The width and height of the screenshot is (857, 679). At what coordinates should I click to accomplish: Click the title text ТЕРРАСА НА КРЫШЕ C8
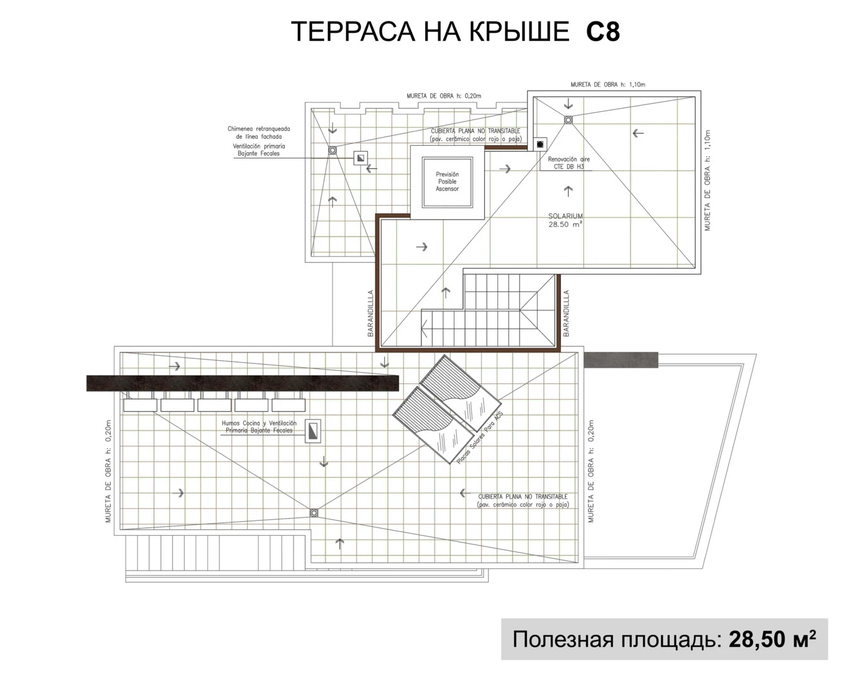tap(455, 32)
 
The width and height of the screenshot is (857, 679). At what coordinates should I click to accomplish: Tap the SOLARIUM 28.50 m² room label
tap(565, 219)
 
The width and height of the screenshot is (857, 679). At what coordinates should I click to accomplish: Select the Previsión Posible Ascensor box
tap(447, 182)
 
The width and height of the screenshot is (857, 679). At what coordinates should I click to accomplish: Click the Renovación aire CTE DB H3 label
tap(568, 163)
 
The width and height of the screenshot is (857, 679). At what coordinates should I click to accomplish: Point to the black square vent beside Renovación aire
tap(539, 144)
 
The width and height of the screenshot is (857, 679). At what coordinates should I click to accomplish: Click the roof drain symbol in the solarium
tap(568, 119)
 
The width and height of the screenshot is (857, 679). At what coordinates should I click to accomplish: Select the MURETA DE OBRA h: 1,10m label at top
tap(607, 84)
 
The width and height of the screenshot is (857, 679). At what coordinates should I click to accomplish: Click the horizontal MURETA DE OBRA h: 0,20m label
tap(443, 96)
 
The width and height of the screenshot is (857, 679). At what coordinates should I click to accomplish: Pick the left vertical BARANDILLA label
tap(371, 313)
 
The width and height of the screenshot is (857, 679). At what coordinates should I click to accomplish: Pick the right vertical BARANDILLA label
tap(567, 313)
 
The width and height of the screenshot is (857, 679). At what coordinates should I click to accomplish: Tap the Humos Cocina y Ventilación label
tap(258, 427)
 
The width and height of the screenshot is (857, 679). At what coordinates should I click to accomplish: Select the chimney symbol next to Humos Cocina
tap(312, 431)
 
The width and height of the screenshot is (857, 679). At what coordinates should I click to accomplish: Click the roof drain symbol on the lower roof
tap(314, 513)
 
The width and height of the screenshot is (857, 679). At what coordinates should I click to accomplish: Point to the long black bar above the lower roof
tap(243, 383)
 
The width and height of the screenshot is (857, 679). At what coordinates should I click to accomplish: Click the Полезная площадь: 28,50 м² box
tap(664, 639)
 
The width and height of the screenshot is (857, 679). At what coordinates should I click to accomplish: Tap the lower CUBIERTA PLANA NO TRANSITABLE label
tap(522, 500)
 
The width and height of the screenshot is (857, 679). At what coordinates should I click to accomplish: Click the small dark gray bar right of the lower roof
tap(621, 360)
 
